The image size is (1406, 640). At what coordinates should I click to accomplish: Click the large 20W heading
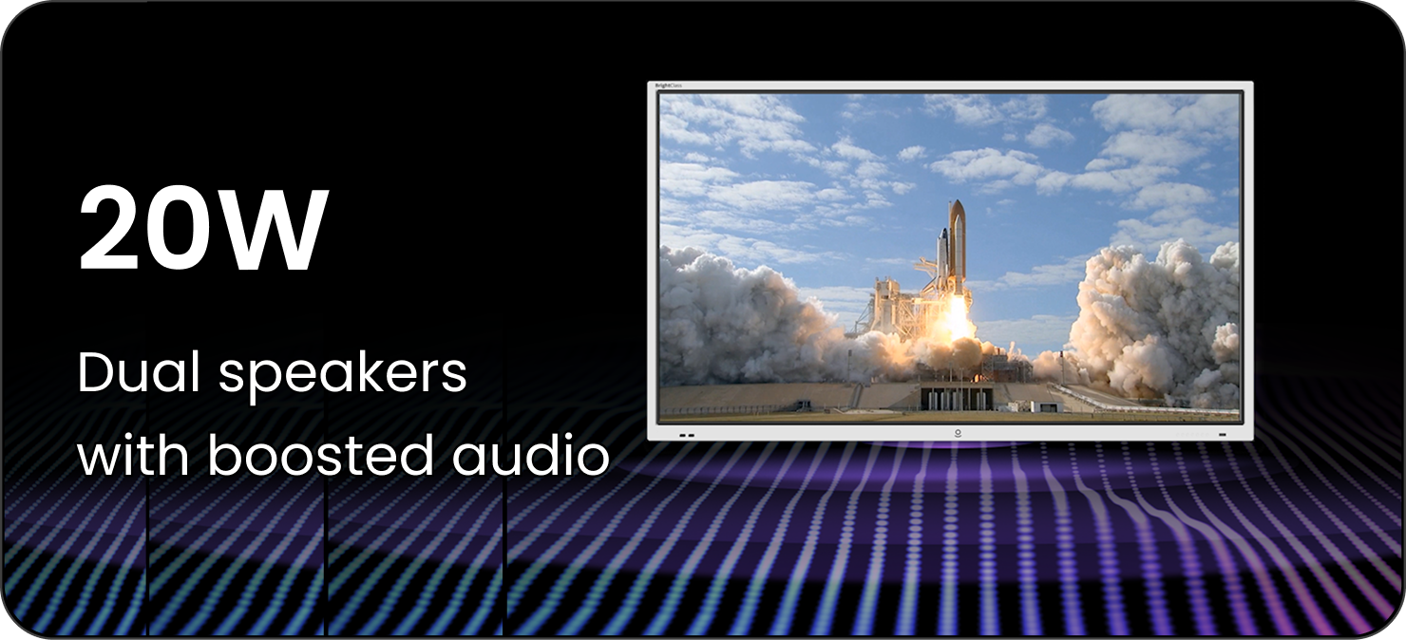tap(202, 229)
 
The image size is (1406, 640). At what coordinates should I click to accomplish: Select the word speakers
tap(343, 375)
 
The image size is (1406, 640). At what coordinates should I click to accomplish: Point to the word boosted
tap(321, 454)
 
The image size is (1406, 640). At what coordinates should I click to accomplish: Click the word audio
tap(531, 454)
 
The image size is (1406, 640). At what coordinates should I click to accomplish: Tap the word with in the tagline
tap(133, 454)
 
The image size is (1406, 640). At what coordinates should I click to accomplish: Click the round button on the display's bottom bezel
tap(958, 433)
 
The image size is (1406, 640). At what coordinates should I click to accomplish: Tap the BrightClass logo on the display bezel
tap(668, 85)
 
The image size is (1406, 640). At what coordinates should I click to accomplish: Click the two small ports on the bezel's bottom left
tap(687, 435)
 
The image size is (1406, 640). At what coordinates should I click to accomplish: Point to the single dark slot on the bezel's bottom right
tap(1222, 434)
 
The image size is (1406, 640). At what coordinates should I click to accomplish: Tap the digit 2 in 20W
tap(107, 229)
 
